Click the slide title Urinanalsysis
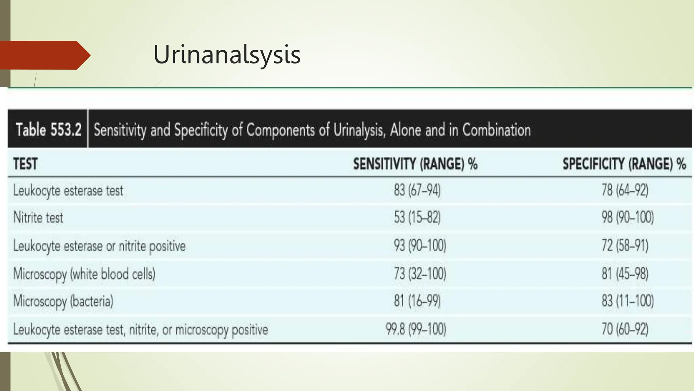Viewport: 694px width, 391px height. (227, 54)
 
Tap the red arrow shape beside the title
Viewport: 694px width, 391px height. (44, 55)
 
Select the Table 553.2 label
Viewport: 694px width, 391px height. (48, 130)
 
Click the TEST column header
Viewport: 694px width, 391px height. (25, 164)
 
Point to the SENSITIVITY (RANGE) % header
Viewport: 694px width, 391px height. (415, 164)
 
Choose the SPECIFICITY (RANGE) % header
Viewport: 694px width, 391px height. (624, 164)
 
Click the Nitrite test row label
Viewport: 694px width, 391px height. (38, 218)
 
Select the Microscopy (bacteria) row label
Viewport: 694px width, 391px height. (63, 301)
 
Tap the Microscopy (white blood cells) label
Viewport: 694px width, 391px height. (84, 274)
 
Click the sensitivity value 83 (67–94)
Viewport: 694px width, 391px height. (417, 190)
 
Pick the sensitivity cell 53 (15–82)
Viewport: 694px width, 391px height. (417, 218)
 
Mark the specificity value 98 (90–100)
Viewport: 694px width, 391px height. (627, 218)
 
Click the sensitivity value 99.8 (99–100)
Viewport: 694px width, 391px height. (416, 329)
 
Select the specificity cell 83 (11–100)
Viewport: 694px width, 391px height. (627, 301)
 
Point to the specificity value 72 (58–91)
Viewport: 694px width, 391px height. (625, 245)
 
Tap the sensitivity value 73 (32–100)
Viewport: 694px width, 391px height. (420, 274)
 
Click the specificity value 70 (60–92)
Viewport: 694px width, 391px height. (625, 329)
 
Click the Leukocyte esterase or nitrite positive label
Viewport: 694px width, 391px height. (99, 246)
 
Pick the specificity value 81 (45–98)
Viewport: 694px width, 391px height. (625, 274)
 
